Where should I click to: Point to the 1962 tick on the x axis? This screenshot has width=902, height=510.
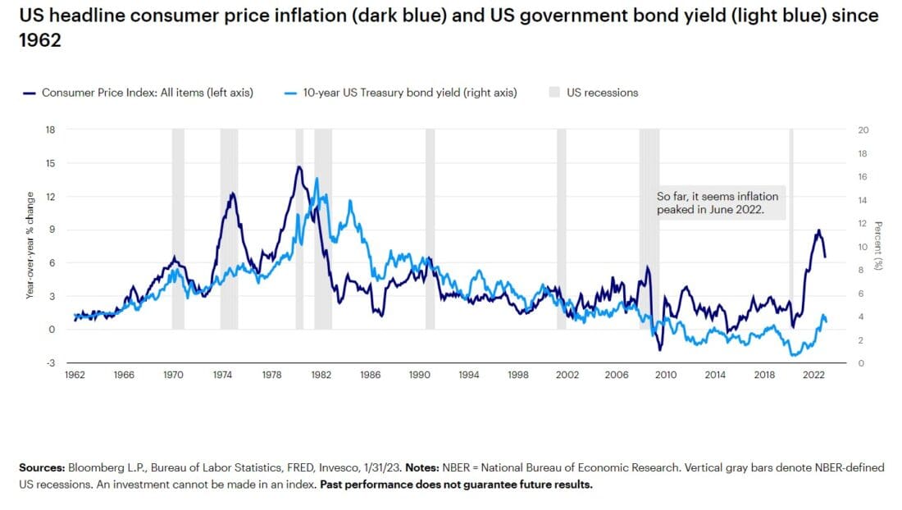click(75, 375)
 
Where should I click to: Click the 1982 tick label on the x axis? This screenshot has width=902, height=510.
click(321, 375)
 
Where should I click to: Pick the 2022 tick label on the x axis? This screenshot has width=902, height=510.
click(813, 375)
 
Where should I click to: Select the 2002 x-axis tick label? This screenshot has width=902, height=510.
click(567, 375)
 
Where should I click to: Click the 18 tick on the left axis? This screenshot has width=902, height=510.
click(51, 130)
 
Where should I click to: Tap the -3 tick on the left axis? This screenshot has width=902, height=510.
click(51, 362)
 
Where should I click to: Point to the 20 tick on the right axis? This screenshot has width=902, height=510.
click(862, 130)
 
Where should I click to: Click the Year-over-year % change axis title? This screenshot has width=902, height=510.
click(30, 246)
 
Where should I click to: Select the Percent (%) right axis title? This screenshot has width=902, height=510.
click(878, 246)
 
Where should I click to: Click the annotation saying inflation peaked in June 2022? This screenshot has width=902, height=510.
click(717, 203)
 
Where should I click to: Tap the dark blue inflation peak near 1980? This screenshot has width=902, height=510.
click(299, 166)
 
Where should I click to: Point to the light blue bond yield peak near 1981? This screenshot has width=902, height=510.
click(317, 179)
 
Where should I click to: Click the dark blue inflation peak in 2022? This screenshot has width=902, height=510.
click(818, 230)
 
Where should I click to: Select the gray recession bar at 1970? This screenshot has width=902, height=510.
click(178, 230)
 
